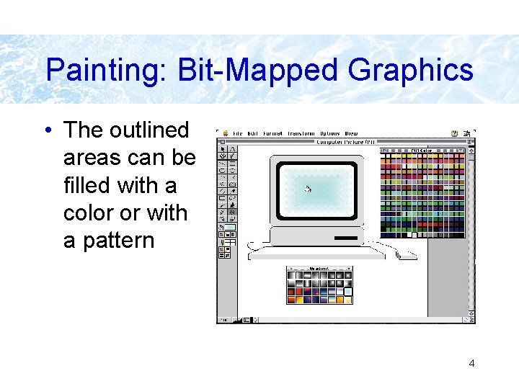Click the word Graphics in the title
[x=410, y=71]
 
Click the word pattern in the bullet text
[x=108, y=241]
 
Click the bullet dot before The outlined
[x=48, y=130]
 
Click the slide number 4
[x=471, y=363]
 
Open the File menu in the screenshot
[x=237, y=133]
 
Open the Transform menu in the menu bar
[x=300, y=133]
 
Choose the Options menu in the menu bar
[x=329, y=133]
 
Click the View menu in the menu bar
[x=351, y=133]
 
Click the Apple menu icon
[x=225, y=133]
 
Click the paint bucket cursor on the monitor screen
[x=308, y=189]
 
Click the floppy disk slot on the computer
[x=345, y=238]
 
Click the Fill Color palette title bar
[x=422, y=150]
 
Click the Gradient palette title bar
[x=319, y=269]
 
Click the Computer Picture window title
[x=346, y=141]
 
